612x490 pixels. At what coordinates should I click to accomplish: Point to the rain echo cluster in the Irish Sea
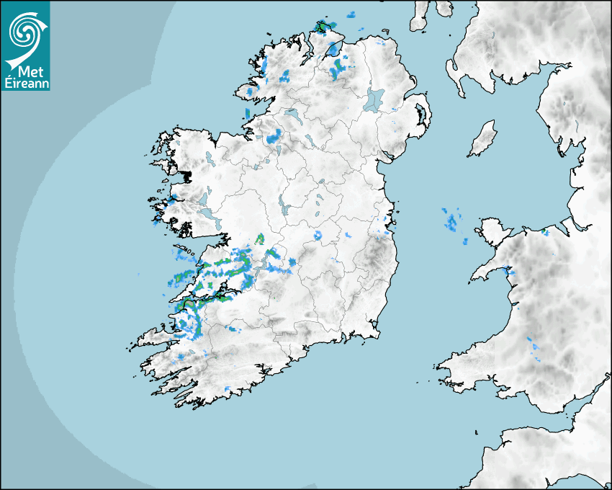[x=452, y=220]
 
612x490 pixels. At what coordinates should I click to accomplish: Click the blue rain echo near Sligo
[x=274, y=137]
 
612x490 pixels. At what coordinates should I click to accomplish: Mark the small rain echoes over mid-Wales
[x=534, y=347]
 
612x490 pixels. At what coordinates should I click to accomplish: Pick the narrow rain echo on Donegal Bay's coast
[x=247, y=113]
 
